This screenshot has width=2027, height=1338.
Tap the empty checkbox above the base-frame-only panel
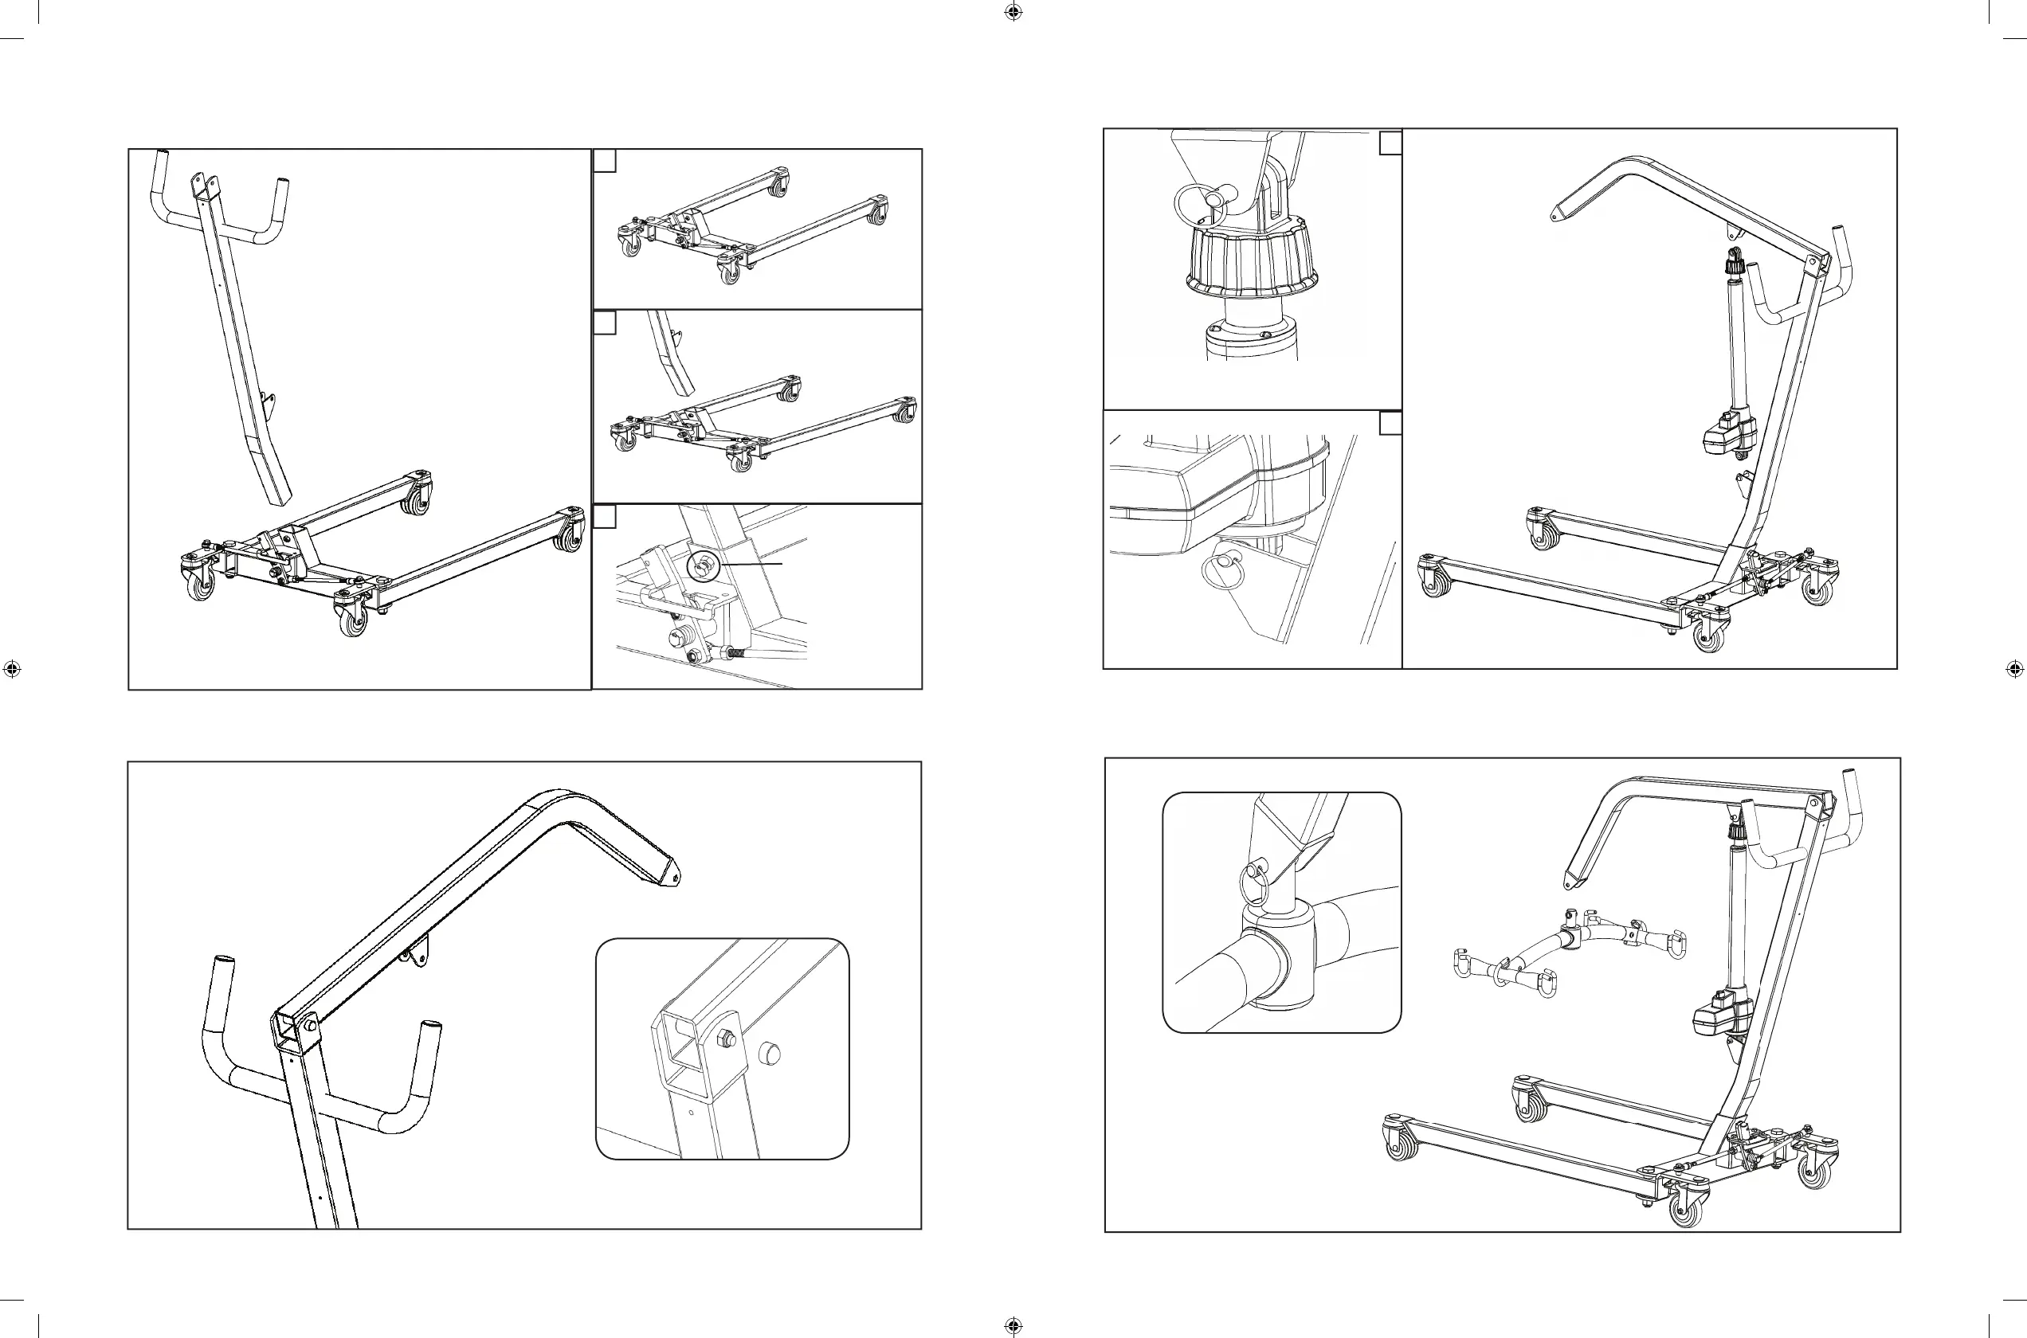(x=604, y=160)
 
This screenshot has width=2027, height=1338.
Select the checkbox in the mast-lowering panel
(x=604, y=323)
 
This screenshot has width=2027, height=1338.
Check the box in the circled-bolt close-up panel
(x=604, y=517)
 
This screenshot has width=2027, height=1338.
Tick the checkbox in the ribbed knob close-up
(x=1390, y=143)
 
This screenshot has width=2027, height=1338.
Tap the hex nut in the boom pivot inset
(x=727, y=1039)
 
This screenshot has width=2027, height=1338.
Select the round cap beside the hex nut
(x=770, y=1053)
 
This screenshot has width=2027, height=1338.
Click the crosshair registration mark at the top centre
(x=1013, y=12)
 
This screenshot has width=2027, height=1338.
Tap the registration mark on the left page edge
(x=11, y=669)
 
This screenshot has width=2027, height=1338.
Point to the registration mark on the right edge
(x=2014, y=669)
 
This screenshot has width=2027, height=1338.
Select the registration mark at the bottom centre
(x=1013, y=1325)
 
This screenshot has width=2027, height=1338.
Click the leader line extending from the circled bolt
(x=753, y=564)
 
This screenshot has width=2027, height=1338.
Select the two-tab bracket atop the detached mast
(x=204, y=184)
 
